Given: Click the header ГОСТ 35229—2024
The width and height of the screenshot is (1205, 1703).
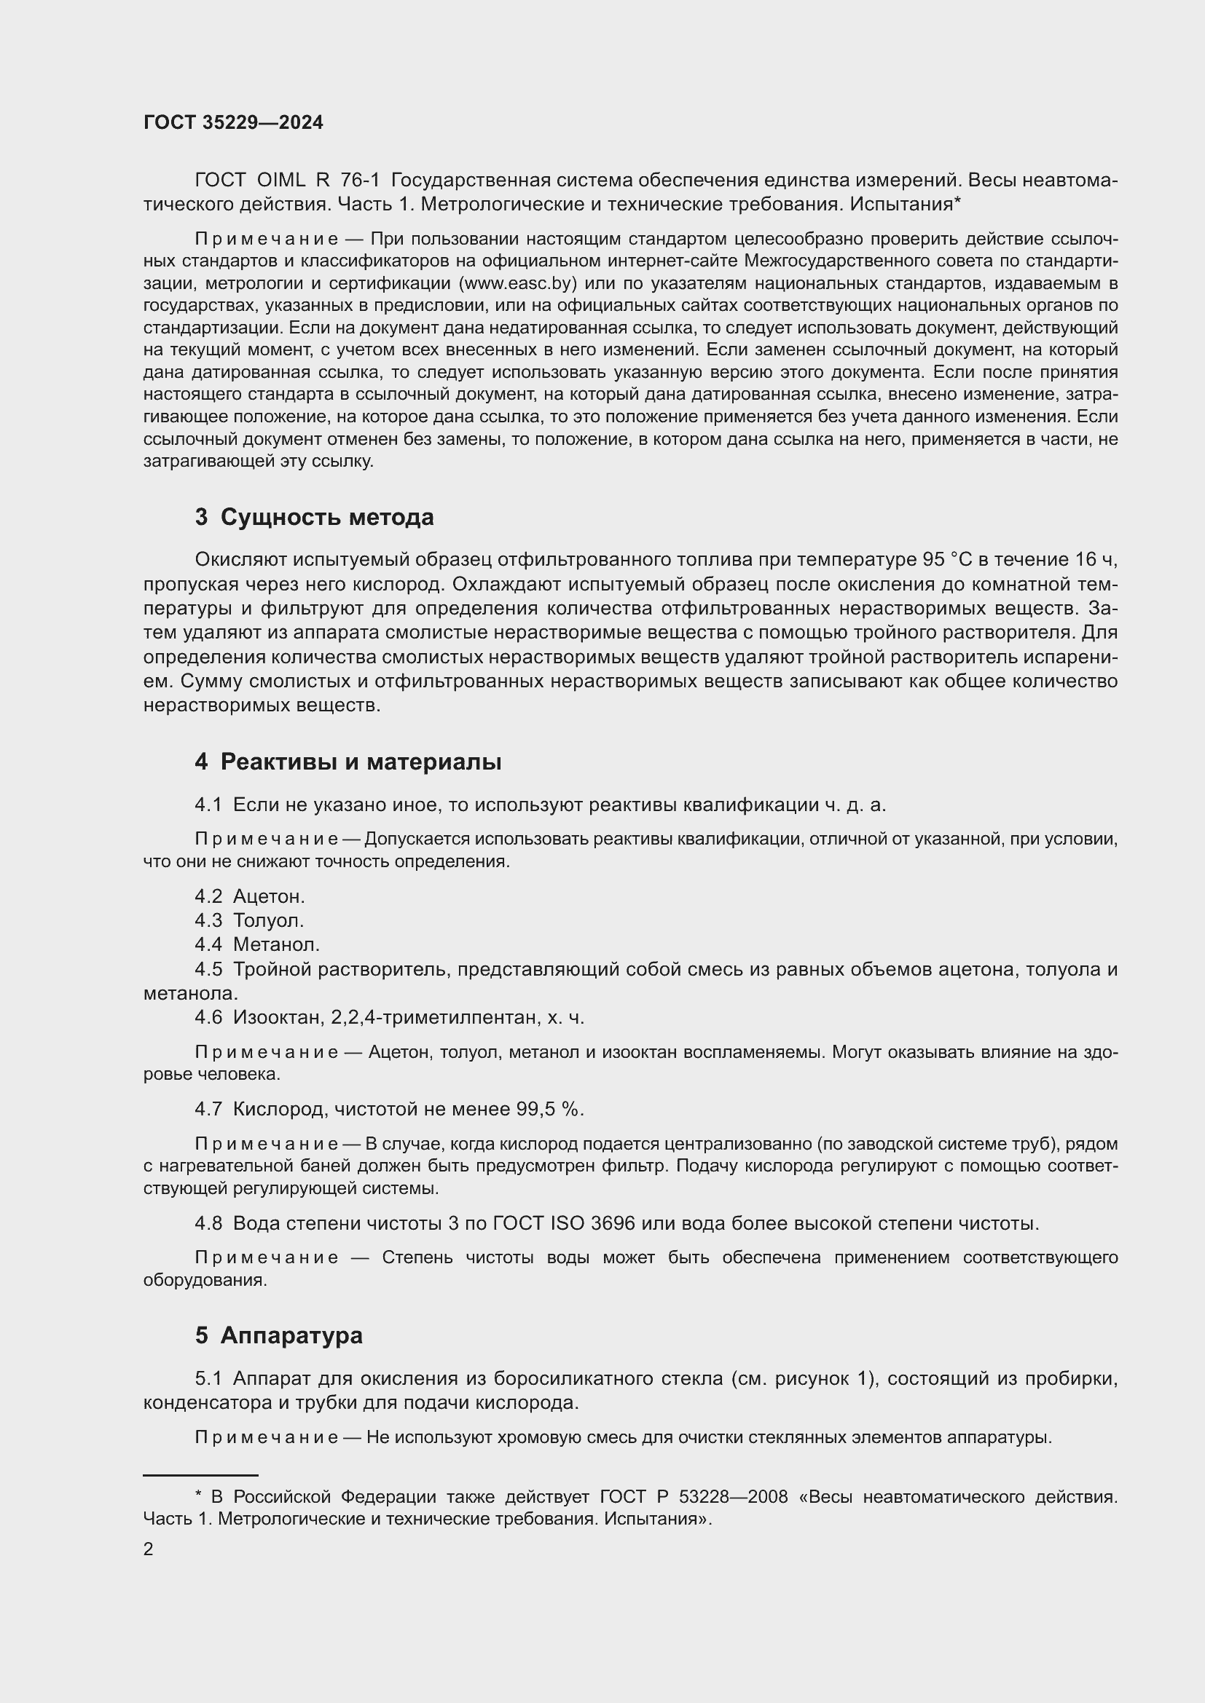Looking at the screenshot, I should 233,123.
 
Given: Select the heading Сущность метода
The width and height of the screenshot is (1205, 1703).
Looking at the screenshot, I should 326,517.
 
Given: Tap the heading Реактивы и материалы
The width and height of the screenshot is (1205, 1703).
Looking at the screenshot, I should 361,762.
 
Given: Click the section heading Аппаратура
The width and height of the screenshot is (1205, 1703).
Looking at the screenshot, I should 291,1335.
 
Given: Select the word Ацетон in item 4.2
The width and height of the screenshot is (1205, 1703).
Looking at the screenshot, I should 268,897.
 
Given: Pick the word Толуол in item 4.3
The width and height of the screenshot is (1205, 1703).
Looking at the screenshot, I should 268,920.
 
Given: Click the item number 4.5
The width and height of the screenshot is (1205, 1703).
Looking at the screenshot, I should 208,969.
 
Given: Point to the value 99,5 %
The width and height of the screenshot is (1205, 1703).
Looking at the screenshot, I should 549,1109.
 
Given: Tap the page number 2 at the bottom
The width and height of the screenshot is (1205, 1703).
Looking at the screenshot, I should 149,1549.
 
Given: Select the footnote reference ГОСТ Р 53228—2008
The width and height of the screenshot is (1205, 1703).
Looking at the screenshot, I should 693,1497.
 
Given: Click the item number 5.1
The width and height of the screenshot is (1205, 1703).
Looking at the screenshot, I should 208,1378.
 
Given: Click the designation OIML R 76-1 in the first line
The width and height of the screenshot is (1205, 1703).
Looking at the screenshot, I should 318,181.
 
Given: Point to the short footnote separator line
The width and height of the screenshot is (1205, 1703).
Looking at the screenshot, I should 200,1476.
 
